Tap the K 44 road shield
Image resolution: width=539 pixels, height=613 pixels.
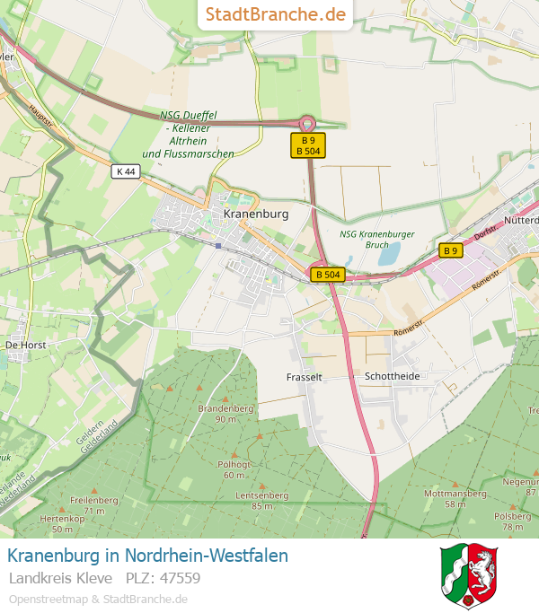pyautogui.click(x=126, y=171)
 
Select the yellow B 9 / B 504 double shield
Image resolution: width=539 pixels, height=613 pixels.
pyautogui.click(x=308, y=146)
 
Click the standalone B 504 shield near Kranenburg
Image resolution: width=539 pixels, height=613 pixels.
pyautogui.click(x=329, y=275)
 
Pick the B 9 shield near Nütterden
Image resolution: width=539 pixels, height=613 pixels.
pyautogui.click(x=450, y=250)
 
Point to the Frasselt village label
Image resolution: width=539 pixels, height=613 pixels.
pyautogui.click(x=304, y=377)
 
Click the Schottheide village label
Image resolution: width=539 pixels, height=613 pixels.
pyautogui.click(x=392, y=376)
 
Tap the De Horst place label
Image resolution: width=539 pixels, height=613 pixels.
pyautogui.click(x=25, y=345)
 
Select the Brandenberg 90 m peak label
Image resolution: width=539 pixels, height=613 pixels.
pyautogui.click(x=225, y=413)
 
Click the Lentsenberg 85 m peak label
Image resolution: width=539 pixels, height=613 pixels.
pyautogui.click(x=261, y=500)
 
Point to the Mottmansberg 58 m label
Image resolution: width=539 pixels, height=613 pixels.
pyautogui.click(x=455, y=498)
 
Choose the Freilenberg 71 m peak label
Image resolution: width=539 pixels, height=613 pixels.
pyautogui.click(x=94, y=504)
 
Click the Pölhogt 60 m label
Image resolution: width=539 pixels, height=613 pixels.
pyautogui.click(x=234, y=469)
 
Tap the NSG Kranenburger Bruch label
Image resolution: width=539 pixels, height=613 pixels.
pyautogui.click(x=377, y=239)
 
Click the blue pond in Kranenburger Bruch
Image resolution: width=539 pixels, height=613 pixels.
pyautogui.click(x=389, y=255)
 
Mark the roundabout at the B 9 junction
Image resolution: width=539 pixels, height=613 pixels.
pyautogui.click(x=307, y=124)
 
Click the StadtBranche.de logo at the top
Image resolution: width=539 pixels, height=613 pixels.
pyautogui.click(x=275, y=14)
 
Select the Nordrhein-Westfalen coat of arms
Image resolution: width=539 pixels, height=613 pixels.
pyautogui.click(x=469, y=575)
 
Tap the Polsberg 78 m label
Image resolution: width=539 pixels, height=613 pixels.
pyautogui.click(x=513, y=521)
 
